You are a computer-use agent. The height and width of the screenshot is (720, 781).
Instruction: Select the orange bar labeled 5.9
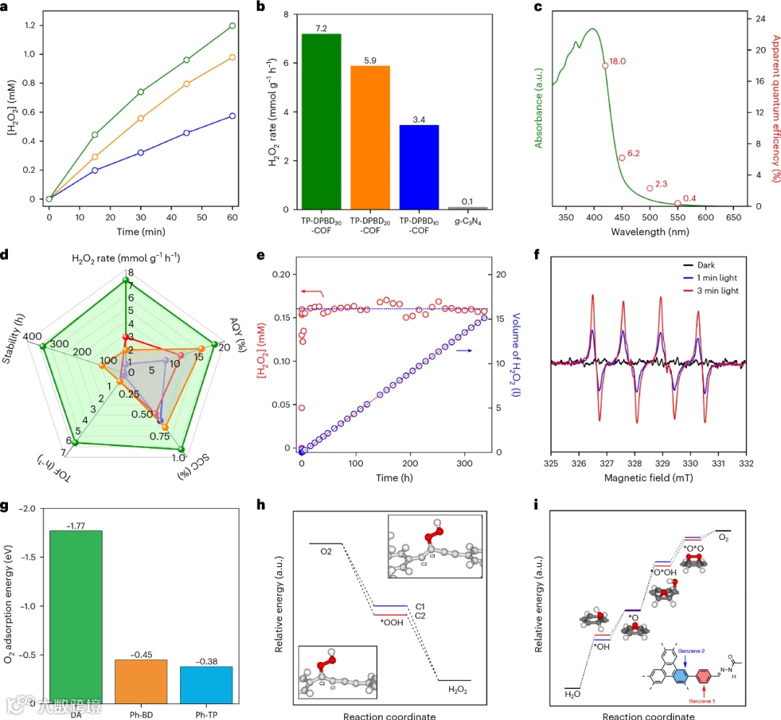[x=370, y=137]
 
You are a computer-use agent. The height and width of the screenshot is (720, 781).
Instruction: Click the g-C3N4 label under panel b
[x=467, y=223]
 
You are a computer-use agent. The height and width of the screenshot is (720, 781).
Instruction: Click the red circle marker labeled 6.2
[x=621, y=158]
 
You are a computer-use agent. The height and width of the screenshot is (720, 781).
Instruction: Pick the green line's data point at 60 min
[x=232, y=26]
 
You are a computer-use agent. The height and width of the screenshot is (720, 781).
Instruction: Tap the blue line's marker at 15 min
[x=95, y=170]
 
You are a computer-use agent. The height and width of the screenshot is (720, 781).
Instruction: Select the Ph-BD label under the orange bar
[x=141, y=709]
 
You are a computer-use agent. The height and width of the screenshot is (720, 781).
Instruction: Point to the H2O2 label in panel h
[x=457, y=690]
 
